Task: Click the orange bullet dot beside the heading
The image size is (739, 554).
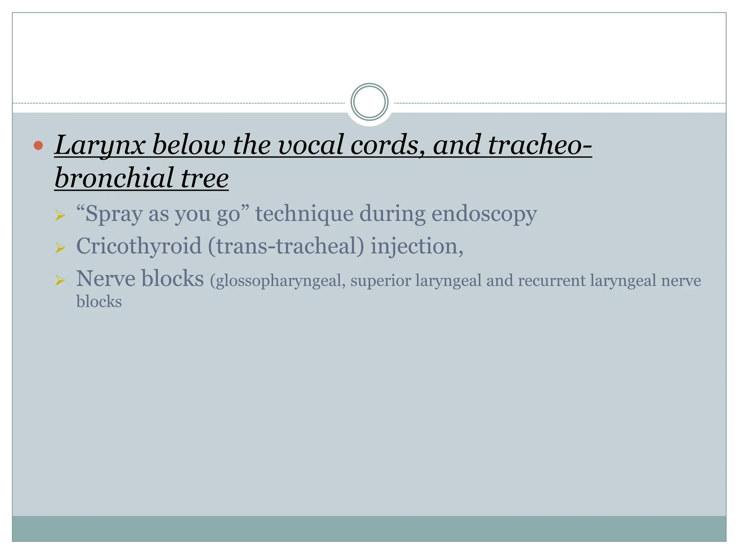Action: click(x=38, y=145)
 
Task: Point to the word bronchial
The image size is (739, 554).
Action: click(x=114, y=178)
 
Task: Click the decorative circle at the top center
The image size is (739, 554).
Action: click(x=369, y=102)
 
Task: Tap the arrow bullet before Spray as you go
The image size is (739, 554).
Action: click(x=60, y=216)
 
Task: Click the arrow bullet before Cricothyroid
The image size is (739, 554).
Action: click(x=60, y=248)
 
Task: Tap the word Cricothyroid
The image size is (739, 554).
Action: click(x=139, y=246)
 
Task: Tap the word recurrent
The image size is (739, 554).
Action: click(x=552, y=281)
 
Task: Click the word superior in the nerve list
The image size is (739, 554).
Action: click(x=380, y=281)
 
